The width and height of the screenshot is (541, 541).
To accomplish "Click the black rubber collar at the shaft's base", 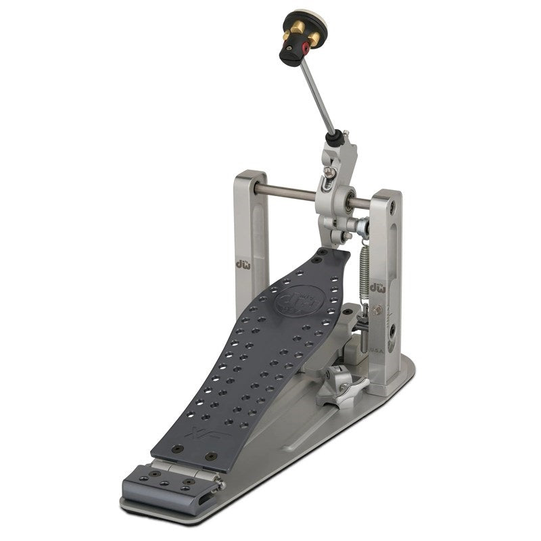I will (333, 139).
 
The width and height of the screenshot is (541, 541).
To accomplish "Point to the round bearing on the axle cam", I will (350, 201).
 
